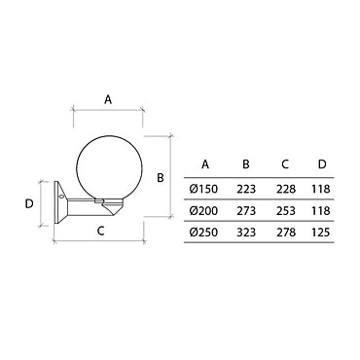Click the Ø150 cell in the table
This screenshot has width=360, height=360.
pos(203,189)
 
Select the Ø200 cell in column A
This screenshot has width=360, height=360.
pos(203,211)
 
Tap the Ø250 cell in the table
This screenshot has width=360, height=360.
pos(203,233)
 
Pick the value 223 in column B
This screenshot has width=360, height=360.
pos(246,189)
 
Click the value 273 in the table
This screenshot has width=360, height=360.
pos(246,211)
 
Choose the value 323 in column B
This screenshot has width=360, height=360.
pos(246,233)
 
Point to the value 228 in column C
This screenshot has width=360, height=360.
pos(286,189)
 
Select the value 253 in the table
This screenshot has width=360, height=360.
pos(286,211)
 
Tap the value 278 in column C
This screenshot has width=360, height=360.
pos(286,233)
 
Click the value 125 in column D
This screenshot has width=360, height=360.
pos(321,233)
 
